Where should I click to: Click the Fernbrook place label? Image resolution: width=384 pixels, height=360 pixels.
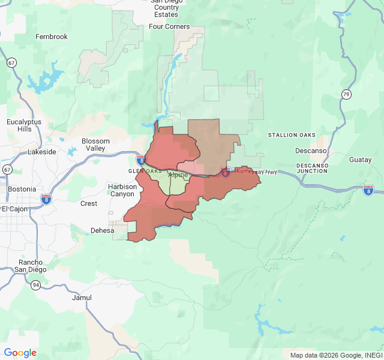click(52, 37)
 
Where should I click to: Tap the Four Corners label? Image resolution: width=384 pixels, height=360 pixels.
click(169, 26)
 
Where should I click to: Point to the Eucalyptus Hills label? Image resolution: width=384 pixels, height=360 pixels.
click(24, 125)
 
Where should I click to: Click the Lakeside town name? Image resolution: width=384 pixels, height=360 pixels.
click(42, 152)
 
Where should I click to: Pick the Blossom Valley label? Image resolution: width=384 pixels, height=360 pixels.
click(96, 145)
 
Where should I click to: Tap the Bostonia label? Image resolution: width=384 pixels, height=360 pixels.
click(22, 189)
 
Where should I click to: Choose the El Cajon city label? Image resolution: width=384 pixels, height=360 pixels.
click(15, 209)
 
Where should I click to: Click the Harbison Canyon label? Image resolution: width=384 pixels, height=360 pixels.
click(122, 190)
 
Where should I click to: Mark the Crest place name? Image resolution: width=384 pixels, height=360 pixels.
click(89, 203)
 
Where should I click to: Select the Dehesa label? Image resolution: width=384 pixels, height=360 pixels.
click(102, 230)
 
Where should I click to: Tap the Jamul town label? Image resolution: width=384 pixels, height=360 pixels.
click(82, 298)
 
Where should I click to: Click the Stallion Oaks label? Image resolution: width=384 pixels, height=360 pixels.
click(292, 135)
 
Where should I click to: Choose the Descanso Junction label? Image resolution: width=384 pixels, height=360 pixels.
click(312, 167)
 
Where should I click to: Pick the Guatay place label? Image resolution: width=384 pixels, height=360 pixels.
click(361, 160)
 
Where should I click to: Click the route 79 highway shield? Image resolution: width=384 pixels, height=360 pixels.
click(346, 94)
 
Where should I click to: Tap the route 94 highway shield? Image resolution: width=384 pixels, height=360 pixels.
click(37, 285)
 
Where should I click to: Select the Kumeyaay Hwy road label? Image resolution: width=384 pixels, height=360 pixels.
click(257, 172)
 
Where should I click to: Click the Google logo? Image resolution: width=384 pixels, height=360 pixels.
click(20, 353)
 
